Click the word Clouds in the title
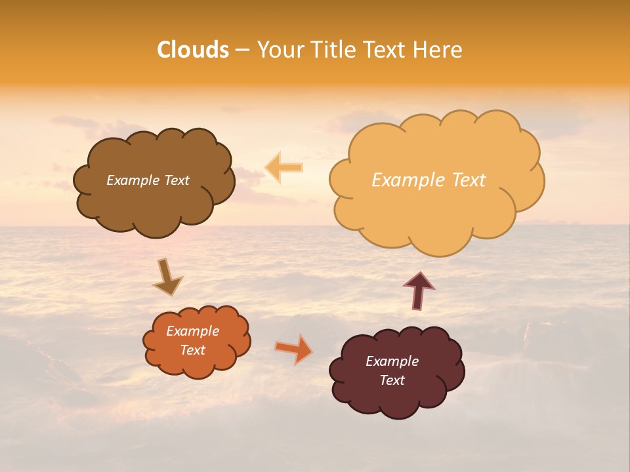(192, 50)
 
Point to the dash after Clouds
(241, 50)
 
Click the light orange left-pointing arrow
(283, 168)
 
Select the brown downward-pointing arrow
(167, 277)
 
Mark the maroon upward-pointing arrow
(419, 290)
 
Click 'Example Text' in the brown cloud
(148, 180)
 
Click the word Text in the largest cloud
(468, 180)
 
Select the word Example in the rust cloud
(192, 331)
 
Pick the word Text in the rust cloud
(192, 350)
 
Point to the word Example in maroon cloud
(392, 361)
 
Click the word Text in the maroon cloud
(392, 380)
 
